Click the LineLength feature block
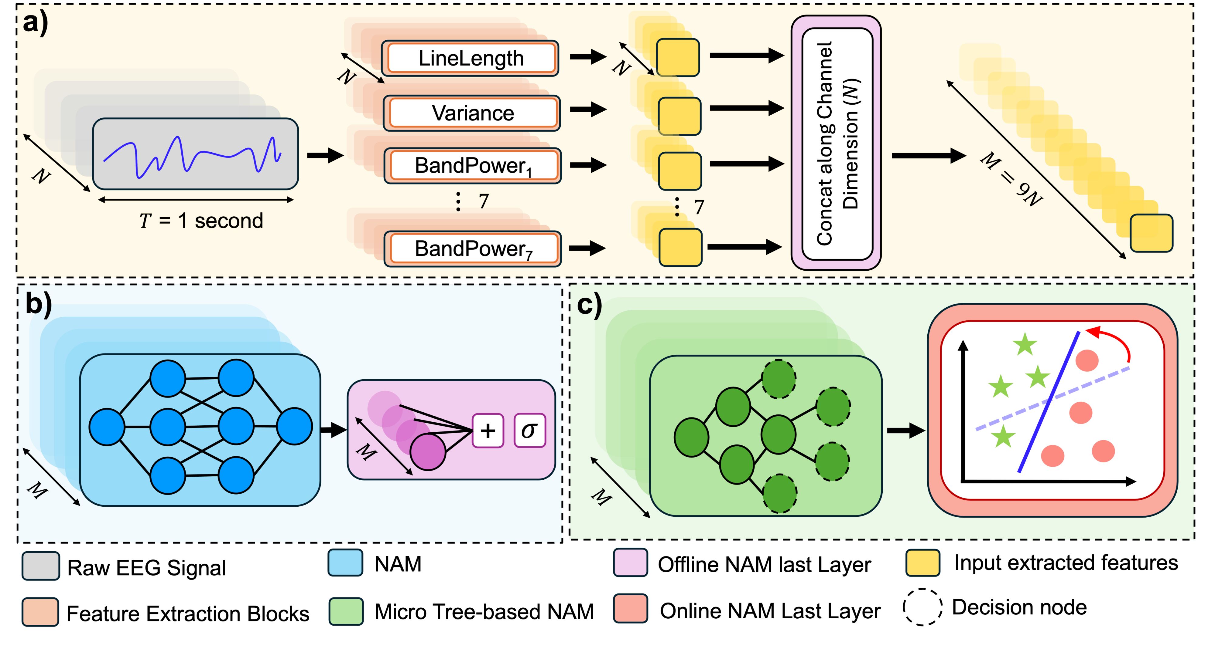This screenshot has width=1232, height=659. [471, 58]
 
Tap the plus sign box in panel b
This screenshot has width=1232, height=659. [488, 431]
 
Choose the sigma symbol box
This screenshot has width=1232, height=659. [529, 431]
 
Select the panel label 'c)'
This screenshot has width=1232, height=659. [589, 304]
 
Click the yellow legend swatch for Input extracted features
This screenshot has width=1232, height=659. [922, 563]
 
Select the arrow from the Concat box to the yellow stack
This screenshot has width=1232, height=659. [928, 156]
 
